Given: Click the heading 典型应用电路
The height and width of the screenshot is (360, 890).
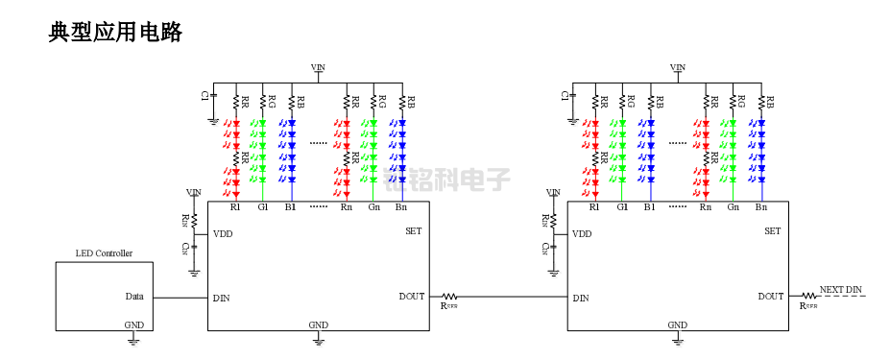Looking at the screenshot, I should [x=115, y=33].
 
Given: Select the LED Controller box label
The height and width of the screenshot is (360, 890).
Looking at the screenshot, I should [x=104, y=253].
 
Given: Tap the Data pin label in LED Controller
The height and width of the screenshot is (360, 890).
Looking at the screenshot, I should [x=134, y=297].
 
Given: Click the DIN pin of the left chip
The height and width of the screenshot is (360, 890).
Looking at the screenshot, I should [x=221, y=298].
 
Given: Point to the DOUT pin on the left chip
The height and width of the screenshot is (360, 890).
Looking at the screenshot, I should [x=411, y=297].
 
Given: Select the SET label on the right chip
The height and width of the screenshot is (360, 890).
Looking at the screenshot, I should [x=772, y=230].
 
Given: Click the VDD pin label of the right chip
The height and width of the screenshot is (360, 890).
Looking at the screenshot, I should [x=581, y=233].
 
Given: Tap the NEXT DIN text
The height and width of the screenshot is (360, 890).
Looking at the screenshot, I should [x=841, y=289].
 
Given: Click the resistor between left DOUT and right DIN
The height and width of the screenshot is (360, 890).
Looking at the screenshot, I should [x=449, y=298].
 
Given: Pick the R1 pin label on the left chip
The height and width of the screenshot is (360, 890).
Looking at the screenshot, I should [x=236, y=206].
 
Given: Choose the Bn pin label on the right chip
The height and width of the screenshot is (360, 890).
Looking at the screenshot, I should [x=761, y=206].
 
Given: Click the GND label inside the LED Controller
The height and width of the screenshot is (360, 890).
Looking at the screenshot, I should [x=134, y=324].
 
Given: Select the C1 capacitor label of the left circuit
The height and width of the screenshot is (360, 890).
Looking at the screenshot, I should [x=204, y=95].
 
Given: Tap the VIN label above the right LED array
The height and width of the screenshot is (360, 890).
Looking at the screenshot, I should [x=678, y=67].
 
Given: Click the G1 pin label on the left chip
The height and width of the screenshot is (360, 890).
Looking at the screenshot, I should [x=263, y=206].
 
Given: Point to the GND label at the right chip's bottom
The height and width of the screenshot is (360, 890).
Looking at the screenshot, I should [x=678, y=325].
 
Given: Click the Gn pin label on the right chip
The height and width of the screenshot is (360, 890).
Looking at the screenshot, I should [x=734, y=206].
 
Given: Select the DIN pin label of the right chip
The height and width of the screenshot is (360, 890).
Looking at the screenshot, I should [x=580, y=298].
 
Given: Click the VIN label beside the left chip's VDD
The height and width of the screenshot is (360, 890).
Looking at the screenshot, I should [x=194, y=192].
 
